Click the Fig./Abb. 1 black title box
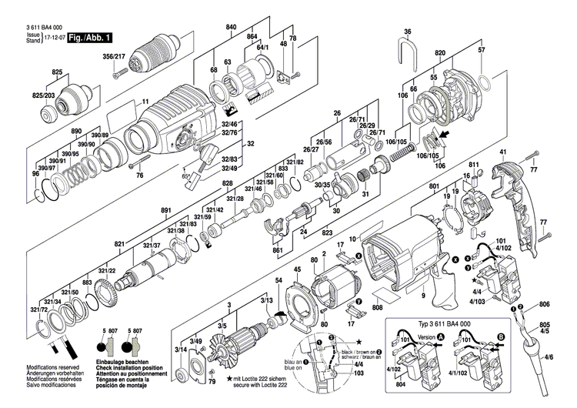[x=89, y=37]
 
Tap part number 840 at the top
[x=230, y=27]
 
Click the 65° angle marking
[x=185, y=176]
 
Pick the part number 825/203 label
[x=44, y=95]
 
